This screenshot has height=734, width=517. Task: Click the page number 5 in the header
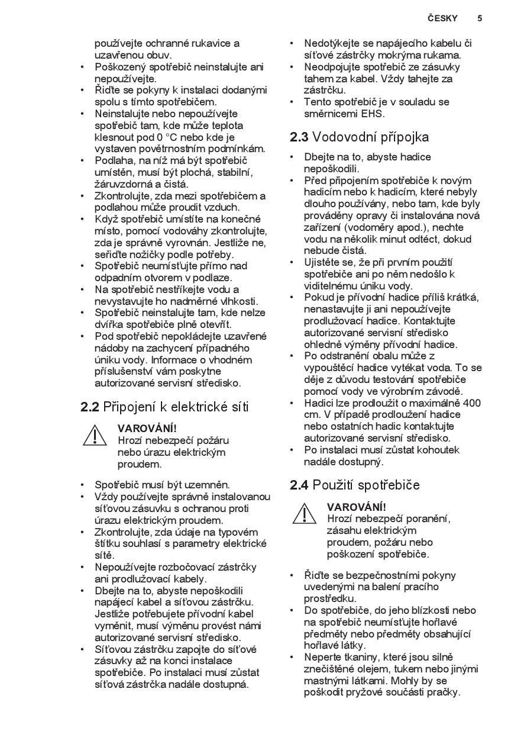point(480,18)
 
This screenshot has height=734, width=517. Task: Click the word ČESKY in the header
point(442,18)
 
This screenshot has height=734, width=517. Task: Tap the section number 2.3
point(299,137)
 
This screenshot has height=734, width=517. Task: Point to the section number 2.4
point(299,485)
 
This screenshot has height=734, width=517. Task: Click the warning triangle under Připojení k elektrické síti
point(95,436)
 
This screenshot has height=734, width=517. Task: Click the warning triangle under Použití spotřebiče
point(304,514)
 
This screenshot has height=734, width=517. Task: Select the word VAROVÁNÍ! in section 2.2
point(147,429)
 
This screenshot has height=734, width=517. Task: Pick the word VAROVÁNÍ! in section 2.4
point(356,507)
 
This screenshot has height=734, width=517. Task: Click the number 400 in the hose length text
point(472,403)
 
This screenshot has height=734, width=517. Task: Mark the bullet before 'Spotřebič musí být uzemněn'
point(83,485)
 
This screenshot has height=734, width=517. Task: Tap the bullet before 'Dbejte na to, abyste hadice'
point(292,157)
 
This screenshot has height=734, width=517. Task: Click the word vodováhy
point(183,231)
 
